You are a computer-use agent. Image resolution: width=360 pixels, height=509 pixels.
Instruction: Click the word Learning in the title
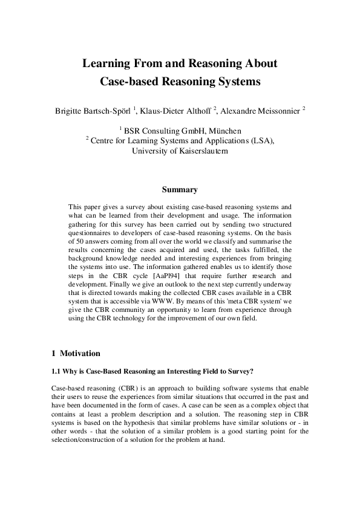coord(103,63)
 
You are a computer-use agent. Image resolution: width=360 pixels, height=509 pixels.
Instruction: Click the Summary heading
coord(180,190)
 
